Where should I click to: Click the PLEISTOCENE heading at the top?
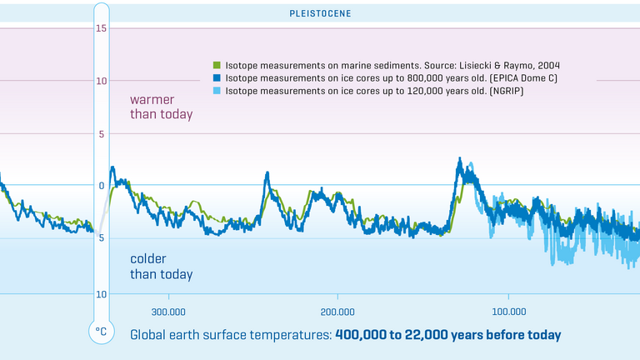point(320,13)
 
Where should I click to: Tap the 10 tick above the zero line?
point(101,82)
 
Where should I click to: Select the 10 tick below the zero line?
point(101,294)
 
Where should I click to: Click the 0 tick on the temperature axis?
point(101,186)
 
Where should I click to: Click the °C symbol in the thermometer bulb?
point(101,332)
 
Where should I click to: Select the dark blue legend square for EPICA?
point(217,77)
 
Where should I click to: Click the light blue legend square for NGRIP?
point(217,90)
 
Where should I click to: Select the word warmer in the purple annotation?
point(153,100)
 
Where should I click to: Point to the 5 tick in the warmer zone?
point(101,134)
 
